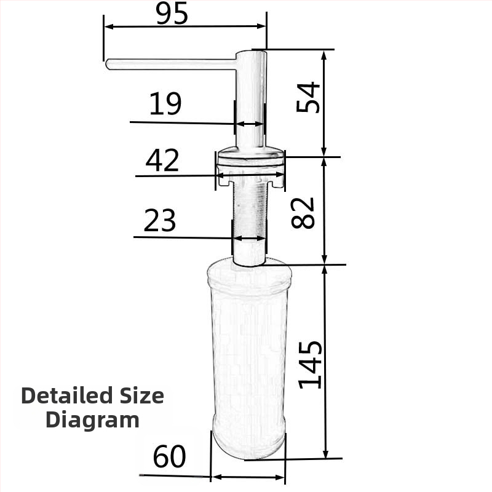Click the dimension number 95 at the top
point(172,14)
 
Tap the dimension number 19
point(165,104)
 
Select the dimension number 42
point(162,161)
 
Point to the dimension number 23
point(160,221)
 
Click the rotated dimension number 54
point(309,97)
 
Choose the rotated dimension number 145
point(310,364)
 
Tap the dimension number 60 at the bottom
point(169,457)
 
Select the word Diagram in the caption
point(92,420)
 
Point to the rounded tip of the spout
point(109,64)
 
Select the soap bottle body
point(248,357)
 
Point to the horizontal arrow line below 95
point(184,26)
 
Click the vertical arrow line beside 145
point(325,363)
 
